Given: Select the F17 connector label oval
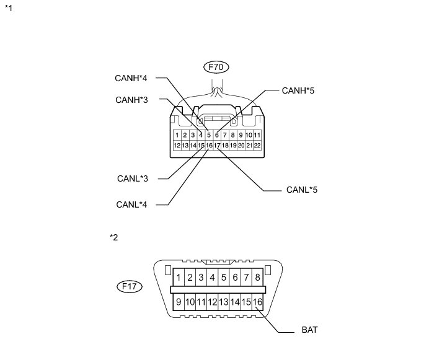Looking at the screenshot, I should pyautogui.click(x=130, y=287).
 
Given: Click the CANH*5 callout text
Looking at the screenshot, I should pyautogui.click(x=299, y=90).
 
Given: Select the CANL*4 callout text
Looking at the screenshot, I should pyautogui.click(x=131, y=203).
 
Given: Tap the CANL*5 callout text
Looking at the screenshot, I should pyautogui.click(x=302, y=188).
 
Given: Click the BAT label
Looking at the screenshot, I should pyautogui.click(x=310, y=330).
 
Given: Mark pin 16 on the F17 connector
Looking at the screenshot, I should pyautogui.click(x=258, y=302).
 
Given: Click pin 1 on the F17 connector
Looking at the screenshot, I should pyautogui.click(x=179, y=277).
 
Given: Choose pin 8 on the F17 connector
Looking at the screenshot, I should pyautogui.click(x=257, y=277).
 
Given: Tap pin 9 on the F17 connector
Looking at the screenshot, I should pyautogui.click(x=179, y=302).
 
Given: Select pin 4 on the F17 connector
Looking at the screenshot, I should pyautogui.click(x=213, y=277).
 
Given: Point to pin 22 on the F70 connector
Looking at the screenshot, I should pyautogui.click(x=257, y=146).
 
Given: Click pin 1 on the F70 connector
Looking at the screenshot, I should pyautogui.click(x=177, y=134).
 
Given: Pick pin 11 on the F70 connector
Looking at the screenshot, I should pyautogui.click(x=257, y=134).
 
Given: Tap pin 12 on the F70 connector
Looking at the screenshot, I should pyautogui.click(x=177, y=146).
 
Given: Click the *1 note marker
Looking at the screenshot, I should pyautogui.click(x=8, y=9).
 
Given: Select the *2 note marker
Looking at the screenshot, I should pyautogui.click(x=113, y=237).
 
